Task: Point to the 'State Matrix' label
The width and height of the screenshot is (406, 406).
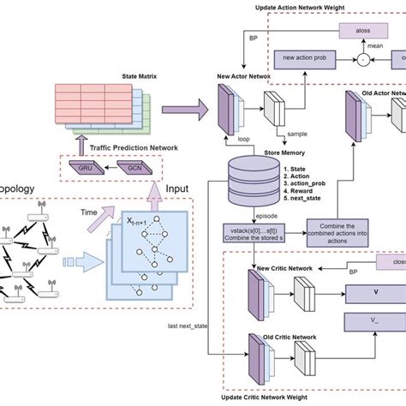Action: click(128, 75)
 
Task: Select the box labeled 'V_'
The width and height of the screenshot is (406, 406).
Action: click(373, 324)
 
